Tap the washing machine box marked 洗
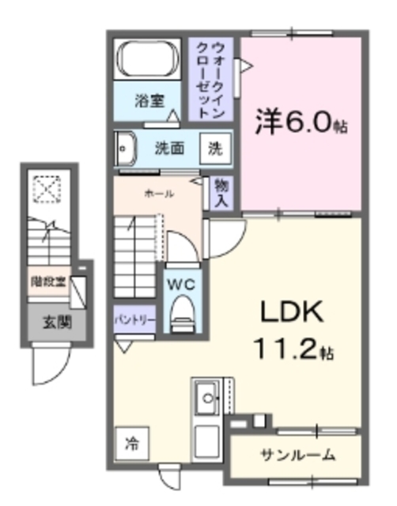point(215,147)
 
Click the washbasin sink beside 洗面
point(125,147)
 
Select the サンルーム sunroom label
point(297,455)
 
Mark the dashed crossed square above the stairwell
point(46,189)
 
